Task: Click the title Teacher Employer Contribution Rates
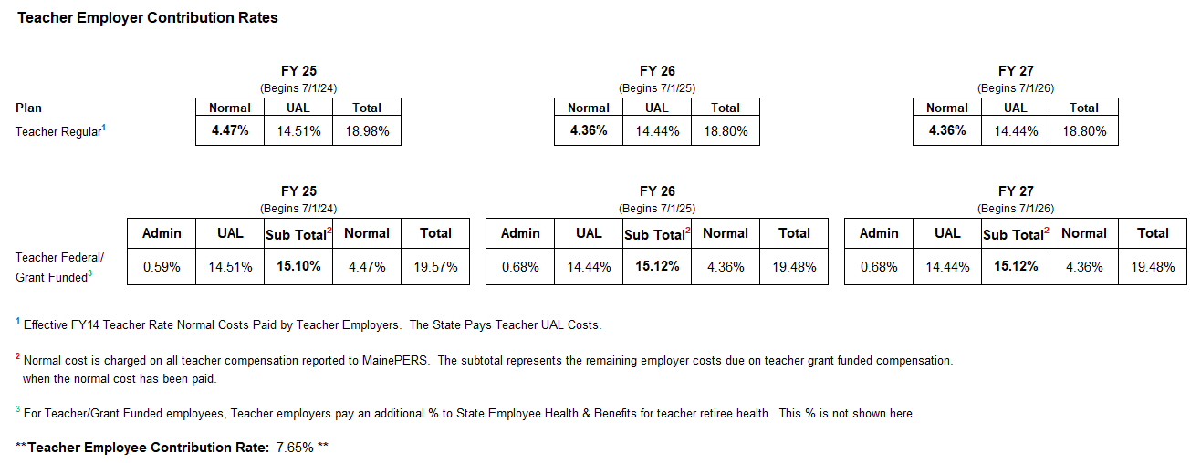[148, 17]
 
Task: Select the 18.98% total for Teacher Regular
[367, 131]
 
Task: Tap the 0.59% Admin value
[162, 267]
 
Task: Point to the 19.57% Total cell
[435, 267]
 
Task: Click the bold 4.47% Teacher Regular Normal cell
[230, 131]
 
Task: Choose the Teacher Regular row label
[58, 132]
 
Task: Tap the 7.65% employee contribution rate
[294, 448]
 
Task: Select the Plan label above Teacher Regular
[29, 108]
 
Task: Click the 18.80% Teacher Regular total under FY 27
[1084, 131]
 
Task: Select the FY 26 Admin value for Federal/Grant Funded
[520, 267]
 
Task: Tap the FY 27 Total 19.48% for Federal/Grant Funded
[1153, 267]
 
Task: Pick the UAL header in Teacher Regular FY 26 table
[657, 108]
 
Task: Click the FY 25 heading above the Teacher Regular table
[298, 71]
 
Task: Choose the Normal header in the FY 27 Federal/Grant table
[1084, 233]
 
